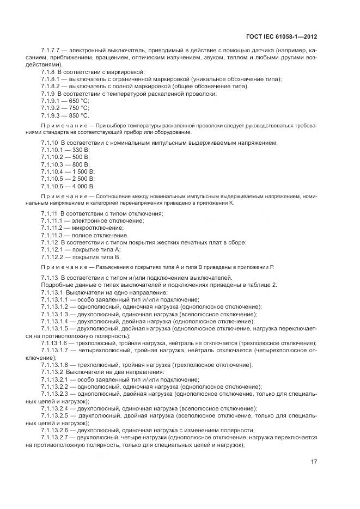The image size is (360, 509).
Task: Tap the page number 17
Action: coord(314,462)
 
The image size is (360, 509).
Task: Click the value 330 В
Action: coord(82,150)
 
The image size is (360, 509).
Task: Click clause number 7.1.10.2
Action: coord(53,157)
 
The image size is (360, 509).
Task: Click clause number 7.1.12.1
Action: coord(53,249)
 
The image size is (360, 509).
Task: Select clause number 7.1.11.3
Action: coord(53,235)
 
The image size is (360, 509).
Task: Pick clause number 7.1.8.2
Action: coord(51,87)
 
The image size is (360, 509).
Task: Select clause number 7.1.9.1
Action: coord(51,101)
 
